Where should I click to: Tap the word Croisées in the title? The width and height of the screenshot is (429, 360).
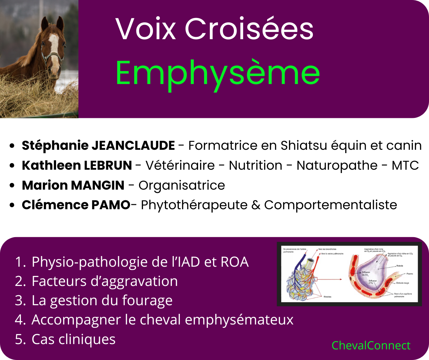(x=249, y=29)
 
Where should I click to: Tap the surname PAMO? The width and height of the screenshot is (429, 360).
(x=110, y=205)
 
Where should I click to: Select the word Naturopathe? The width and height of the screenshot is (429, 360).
(x=337, y=165)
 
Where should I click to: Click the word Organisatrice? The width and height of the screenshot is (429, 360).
(x=181, y=185)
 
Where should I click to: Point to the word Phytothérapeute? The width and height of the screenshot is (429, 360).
(x=194, y=205)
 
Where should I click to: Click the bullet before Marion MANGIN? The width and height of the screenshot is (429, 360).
(x=12, y=185)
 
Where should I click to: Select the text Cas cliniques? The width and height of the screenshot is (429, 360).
(x=73, y=339)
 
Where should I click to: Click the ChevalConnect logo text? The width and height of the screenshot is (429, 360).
(x=371, y=345)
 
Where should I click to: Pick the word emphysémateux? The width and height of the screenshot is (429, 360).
(x=239, y=320)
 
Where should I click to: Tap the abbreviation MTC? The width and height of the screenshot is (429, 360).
(x=405, y=165)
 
